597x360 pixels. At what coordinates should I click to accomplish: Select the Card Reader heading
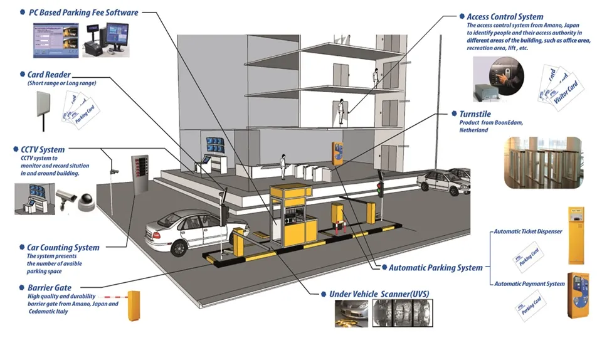pyautogui.click(x=48, y=75)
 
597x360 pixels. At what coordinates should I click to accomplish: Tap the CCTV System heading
pyautogui.click(x=43, y=150)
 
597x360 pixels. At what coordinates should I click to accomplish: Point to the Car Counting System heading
pyautogui.click(x=63, y=248)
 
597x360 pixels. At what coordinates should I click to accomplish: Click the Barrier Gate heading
pyautogui.click(x=52, y=287)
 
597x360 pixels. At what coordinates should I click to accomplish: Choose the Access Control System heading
pyautogui.click(x=505, y=17)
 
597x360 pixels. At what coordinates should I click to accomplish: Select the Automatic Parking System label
pyautogui.click(x=436, y=268)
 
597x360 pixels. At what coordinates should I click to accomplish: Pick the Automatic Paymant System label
pyautogui.click(x=529, y=284)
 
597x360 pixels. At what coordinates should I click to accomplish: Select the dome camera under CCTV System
pyautogui.click(x=85, y=201)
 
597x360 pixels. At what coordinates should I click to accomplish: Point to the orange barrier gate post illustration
pyautogui.click(x=132, y=305)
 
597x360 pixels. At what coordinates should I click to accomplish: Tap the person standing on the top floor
pyautogui.click(x=375, y=76)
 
